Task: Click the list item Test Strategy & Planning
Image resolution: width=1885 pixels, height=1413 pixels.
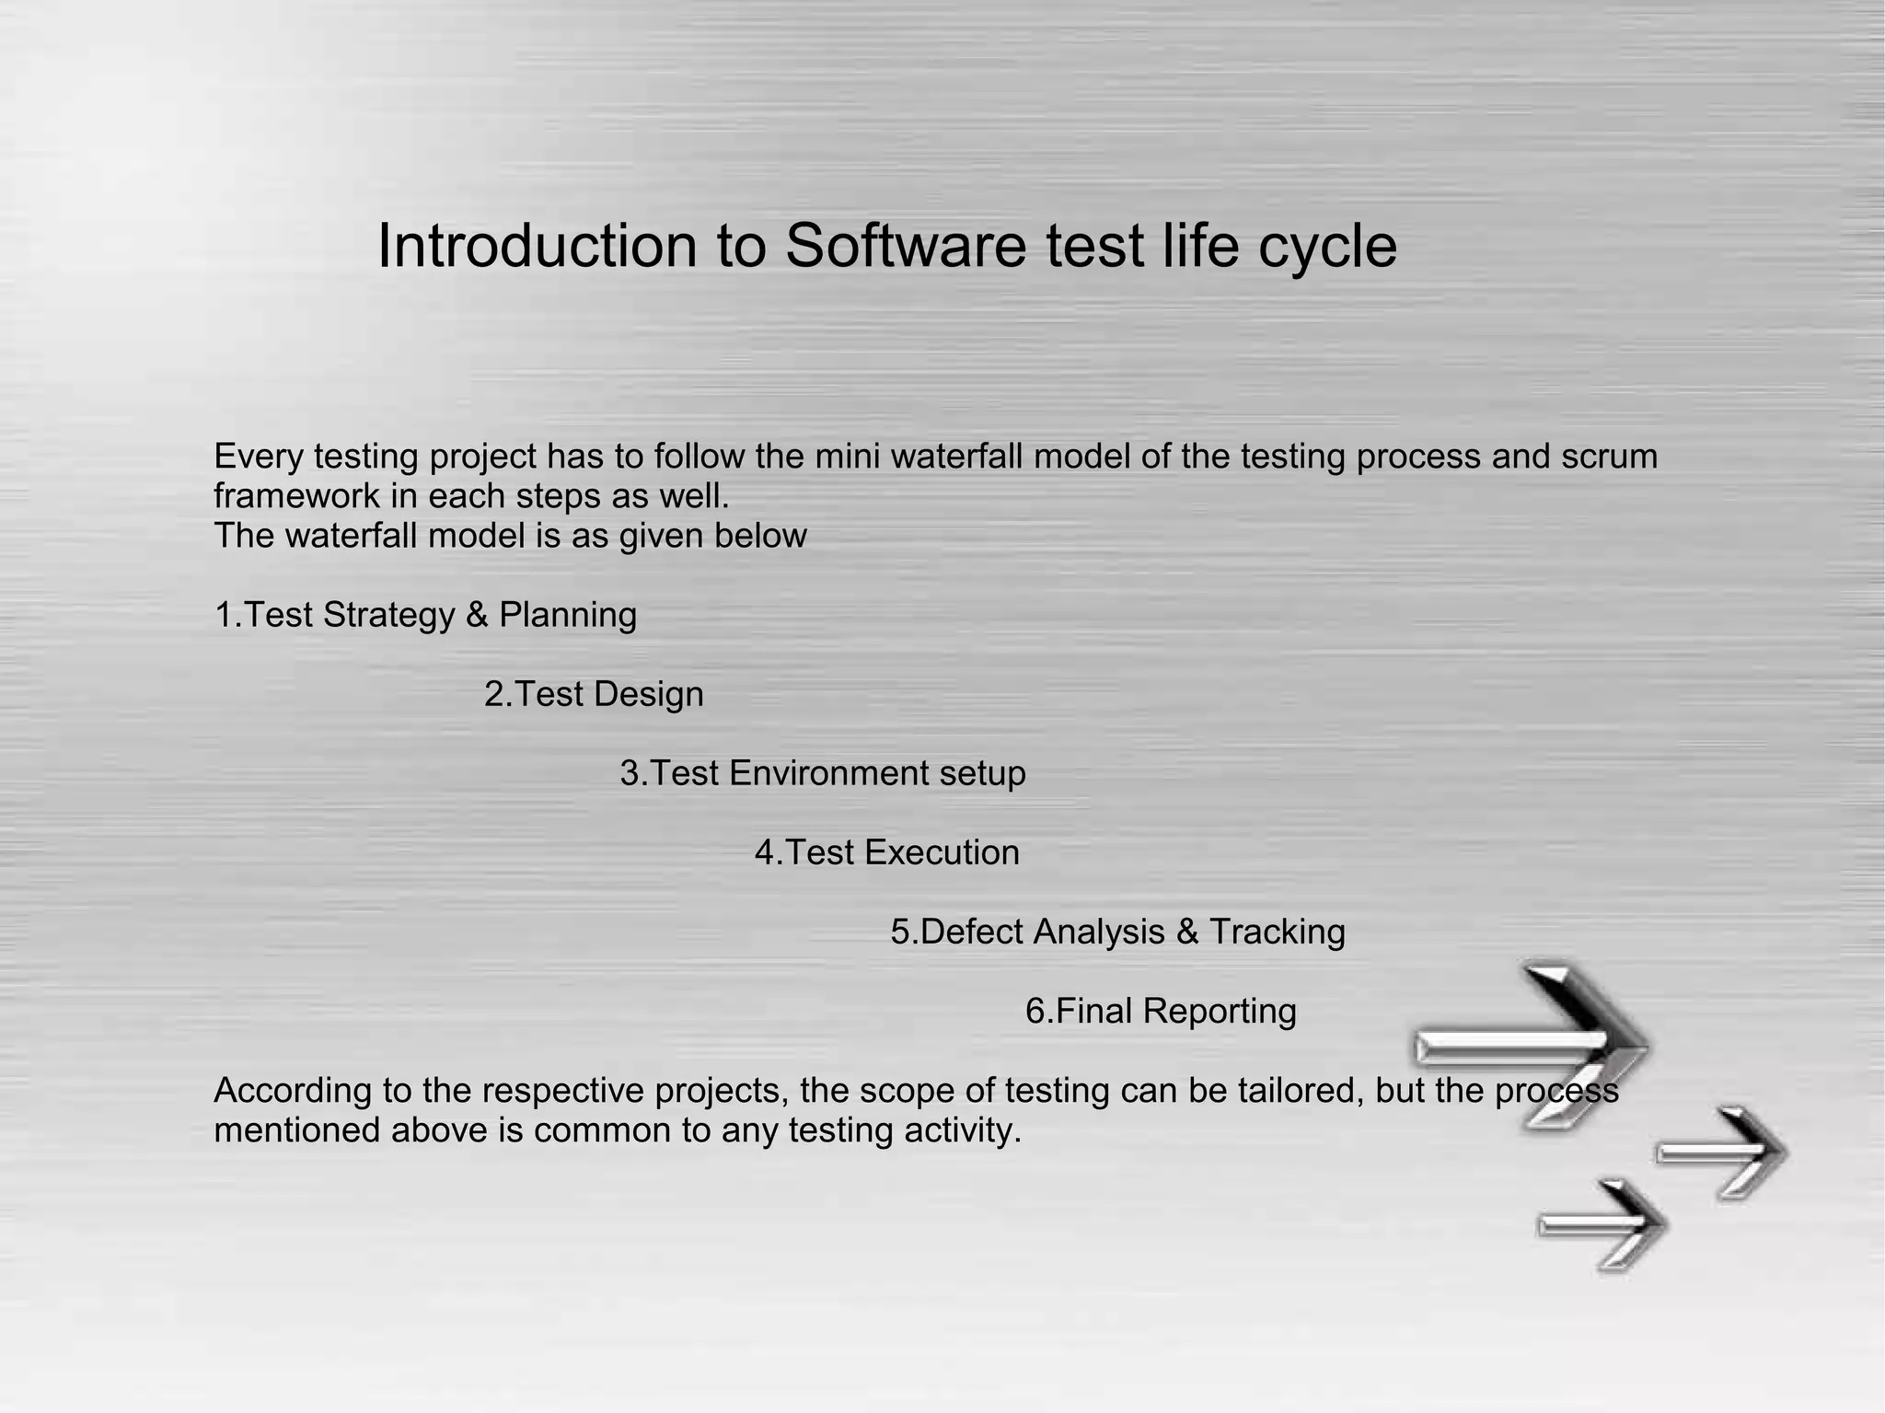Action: pyautogui.click(x=425, y=615)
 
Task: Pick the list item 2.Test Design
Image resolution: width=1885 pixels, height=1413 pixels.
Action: pyautogui.click(x=594, y=694)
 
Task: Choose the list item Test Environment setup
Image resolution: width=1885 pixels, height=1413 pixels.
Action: pyautogui.click(x=823, y=773)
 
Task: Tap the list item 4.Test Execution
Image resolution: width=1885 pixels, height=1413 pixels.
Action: pyautogui.click(x=887, y=852)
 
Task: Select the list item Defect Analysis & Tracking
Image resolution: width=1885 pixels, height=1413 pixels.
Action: pyautogui.click(x=1117, y=932)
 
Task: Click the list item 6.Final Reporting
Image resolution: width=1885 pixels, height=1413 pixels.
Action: pyautogui.click(x=1161, y=1011)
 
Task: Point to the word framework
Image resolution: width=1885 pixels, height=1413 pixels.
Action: pyautogui.click(x=295, y=496)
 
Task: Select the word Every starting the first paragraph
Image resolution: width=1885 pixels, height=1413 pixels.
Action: pyautogui.click(x=257, y=457)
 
